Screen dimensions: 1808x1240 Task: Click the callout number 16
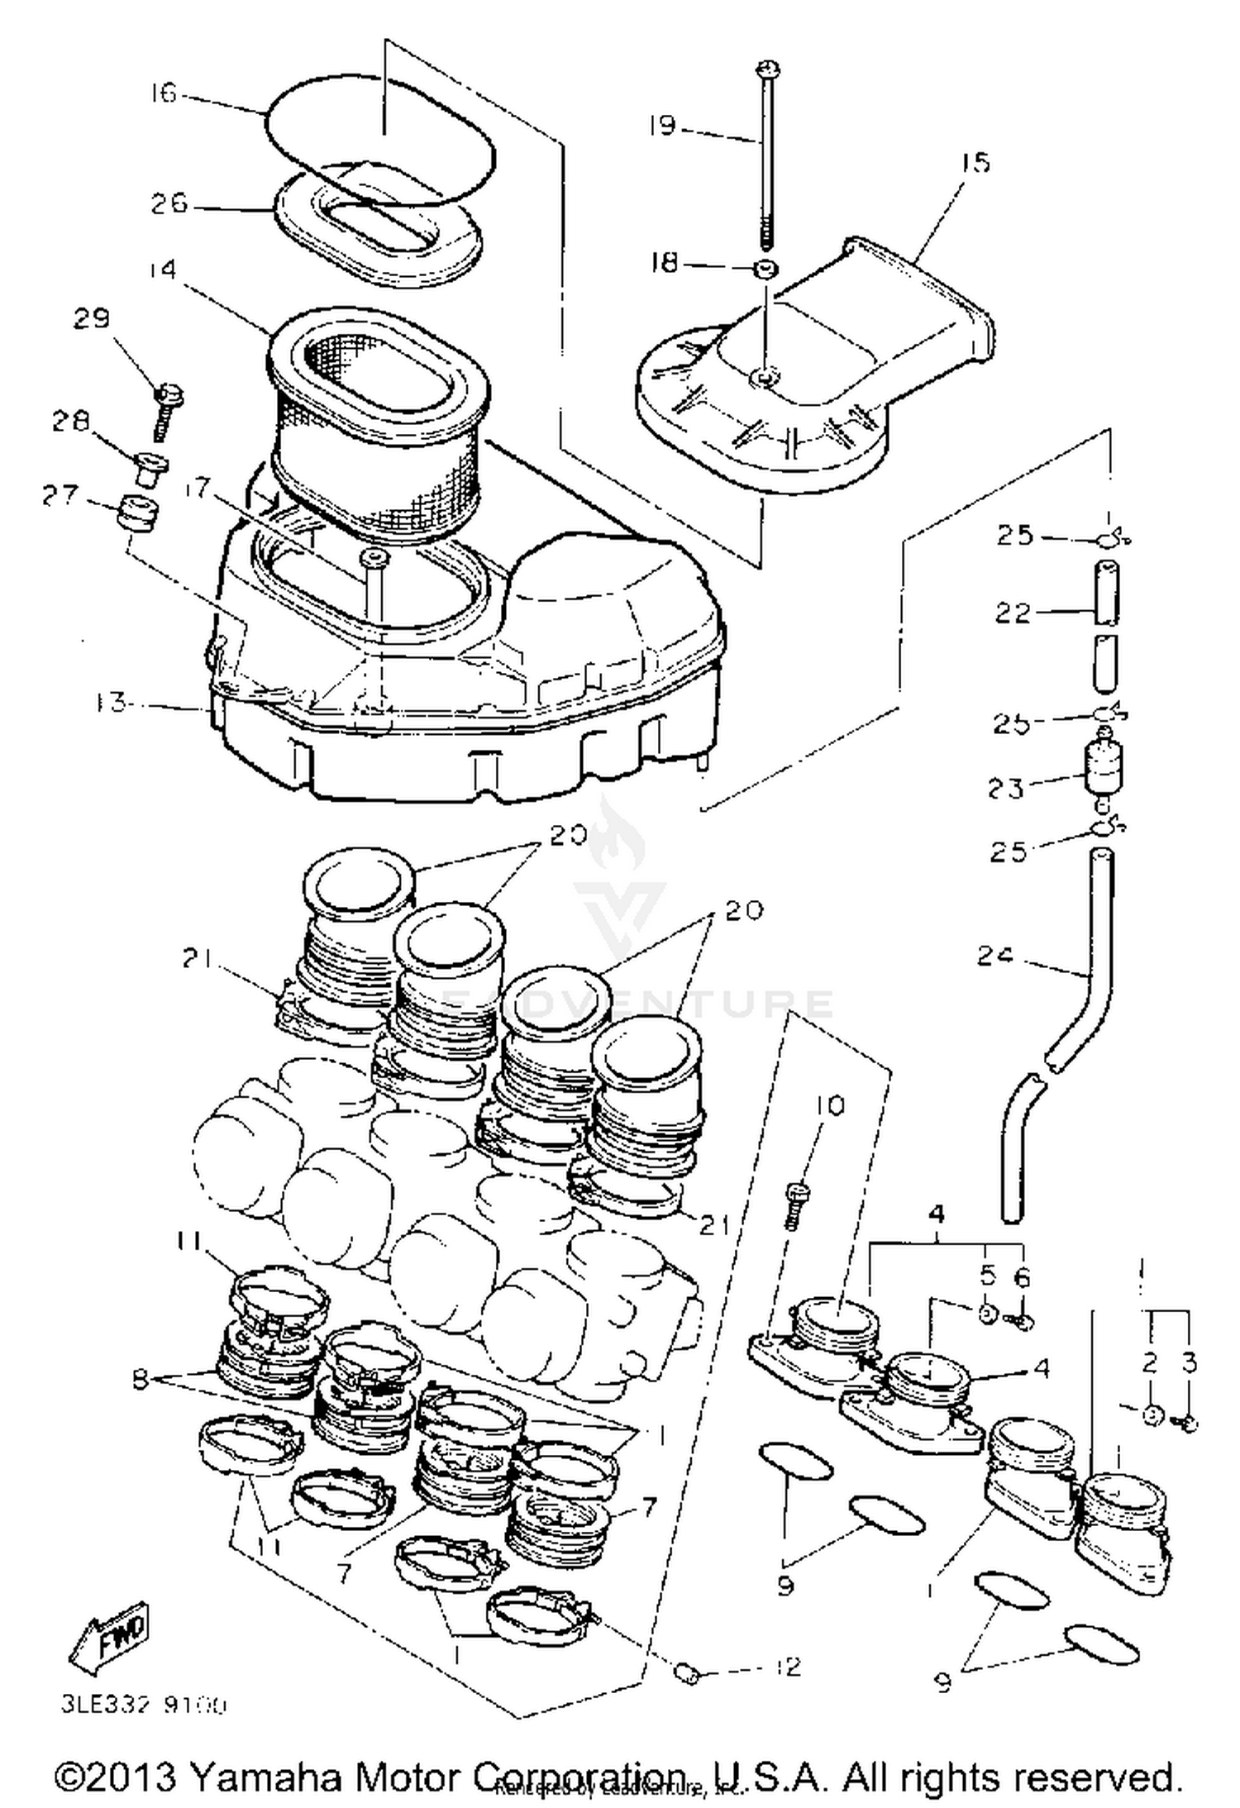(164, 93)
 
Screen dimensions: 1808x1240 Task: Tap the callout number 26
(169, 203)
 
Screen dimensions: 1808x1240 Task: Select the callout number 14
(164, 270)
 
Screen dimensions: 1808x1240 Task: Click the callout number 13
(110, 704)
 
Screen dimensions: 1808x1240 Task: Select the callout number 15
(975, 162)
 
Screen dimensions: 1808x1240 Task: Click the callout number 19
(662, 126)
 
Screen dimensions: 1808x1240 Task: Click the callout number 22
(1013, 613)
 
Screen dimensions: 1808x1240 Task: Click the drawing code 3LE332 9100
(143, 1705)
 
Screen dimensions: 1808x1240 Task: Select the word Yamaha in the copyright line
(268, 1776)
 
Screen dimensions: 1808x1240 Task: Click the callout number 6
(1022, 1278)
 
